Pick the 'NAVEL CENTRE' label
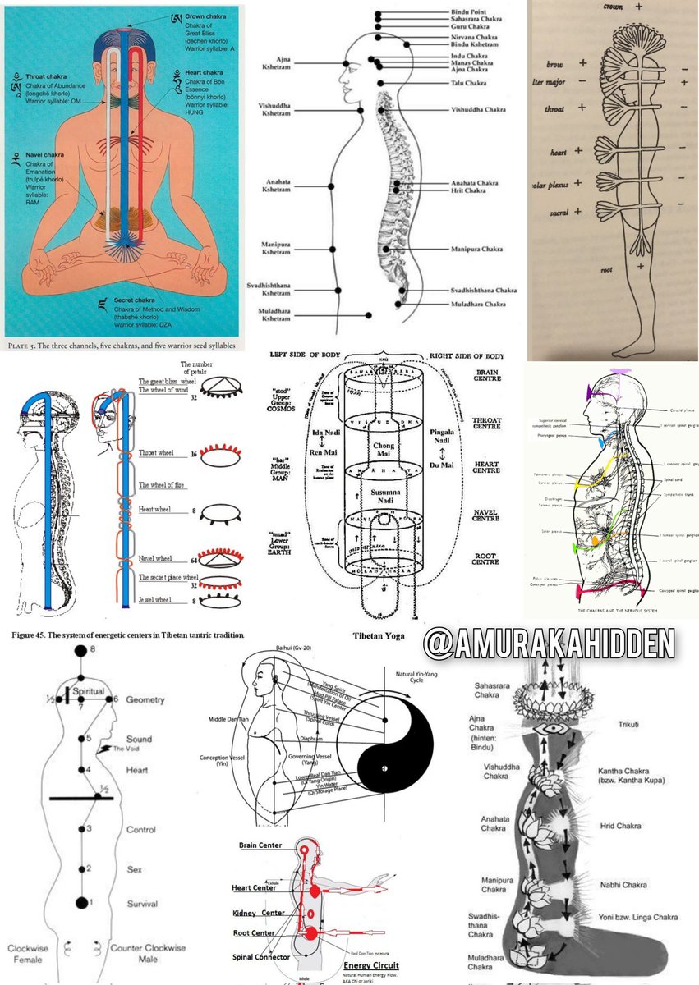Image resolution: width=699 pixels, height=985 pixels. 490,517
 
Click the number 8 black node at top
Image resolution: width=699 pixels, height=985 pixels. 80,651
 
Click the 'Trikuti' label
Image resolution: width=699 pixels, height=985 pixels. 628,725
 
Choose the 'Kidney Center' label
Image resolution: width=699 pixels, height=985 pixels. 262,913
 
